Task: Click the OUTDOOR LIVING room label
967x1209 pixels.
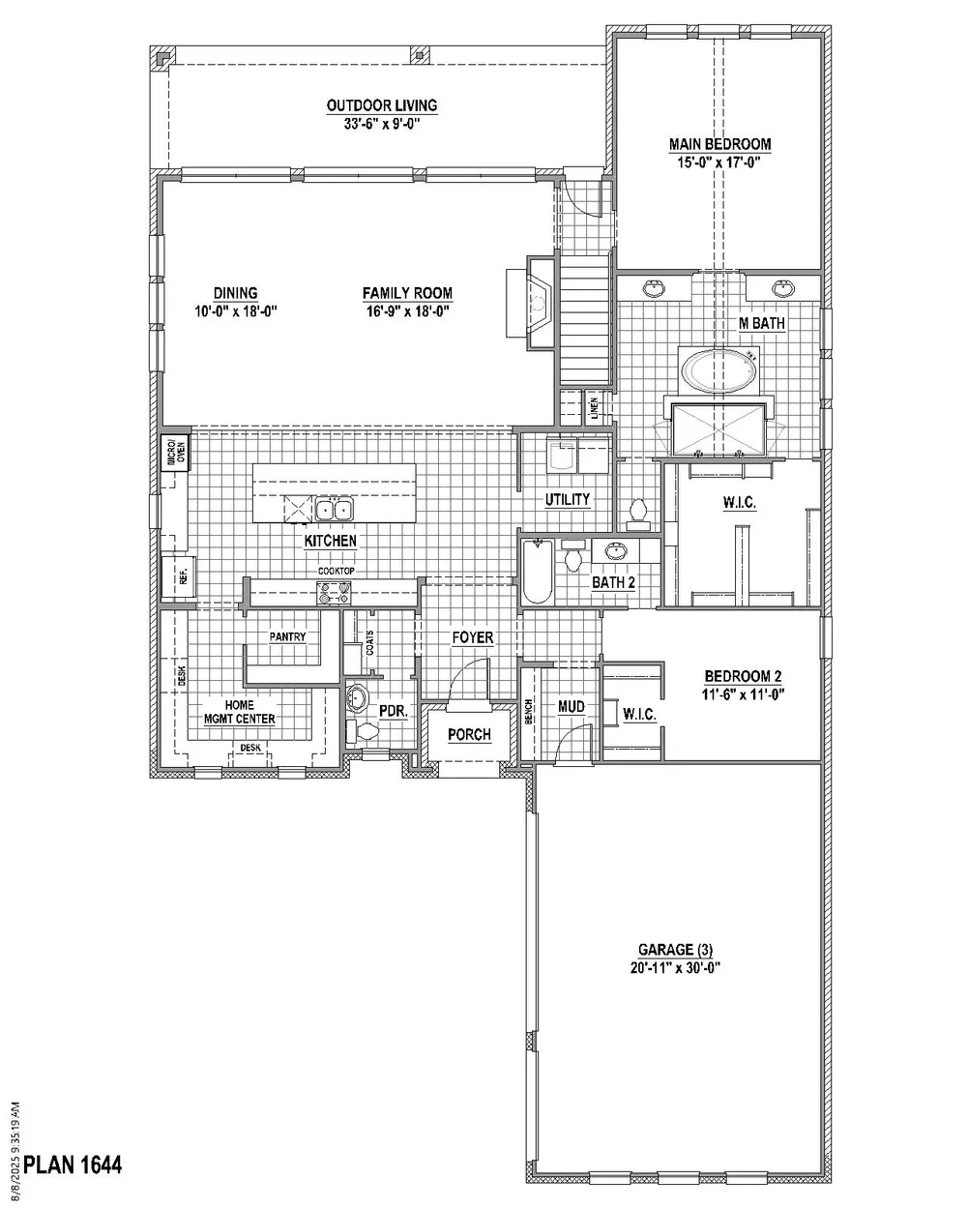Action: (x=381, y=105)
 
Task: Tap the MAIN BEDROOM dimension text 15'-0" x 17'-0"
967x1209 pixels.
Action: (x=719, y=162)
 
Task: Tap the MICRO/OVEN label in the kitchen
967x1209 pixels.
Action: (x=172, y=452)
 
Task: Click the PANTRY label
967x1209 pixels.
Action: (x=287, y=637)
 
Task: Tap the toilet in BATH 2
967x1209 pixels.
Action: (x=574, y=559)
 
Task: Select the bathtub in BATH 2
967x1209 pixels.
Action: (x=537, y=572)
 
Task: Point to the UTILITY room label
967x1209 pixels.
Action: (x=567, y=499)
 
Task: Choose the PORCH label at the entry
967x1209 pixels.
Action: (x=469, y=735)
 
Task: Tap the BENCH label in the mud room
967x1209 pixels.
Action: (x=529, y=711)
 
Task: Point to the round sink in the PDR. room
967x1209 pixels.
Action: (x=358, y=696)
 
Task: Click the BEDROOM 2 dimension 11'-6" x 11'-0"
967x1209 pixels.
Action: (x=743, y=693)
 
